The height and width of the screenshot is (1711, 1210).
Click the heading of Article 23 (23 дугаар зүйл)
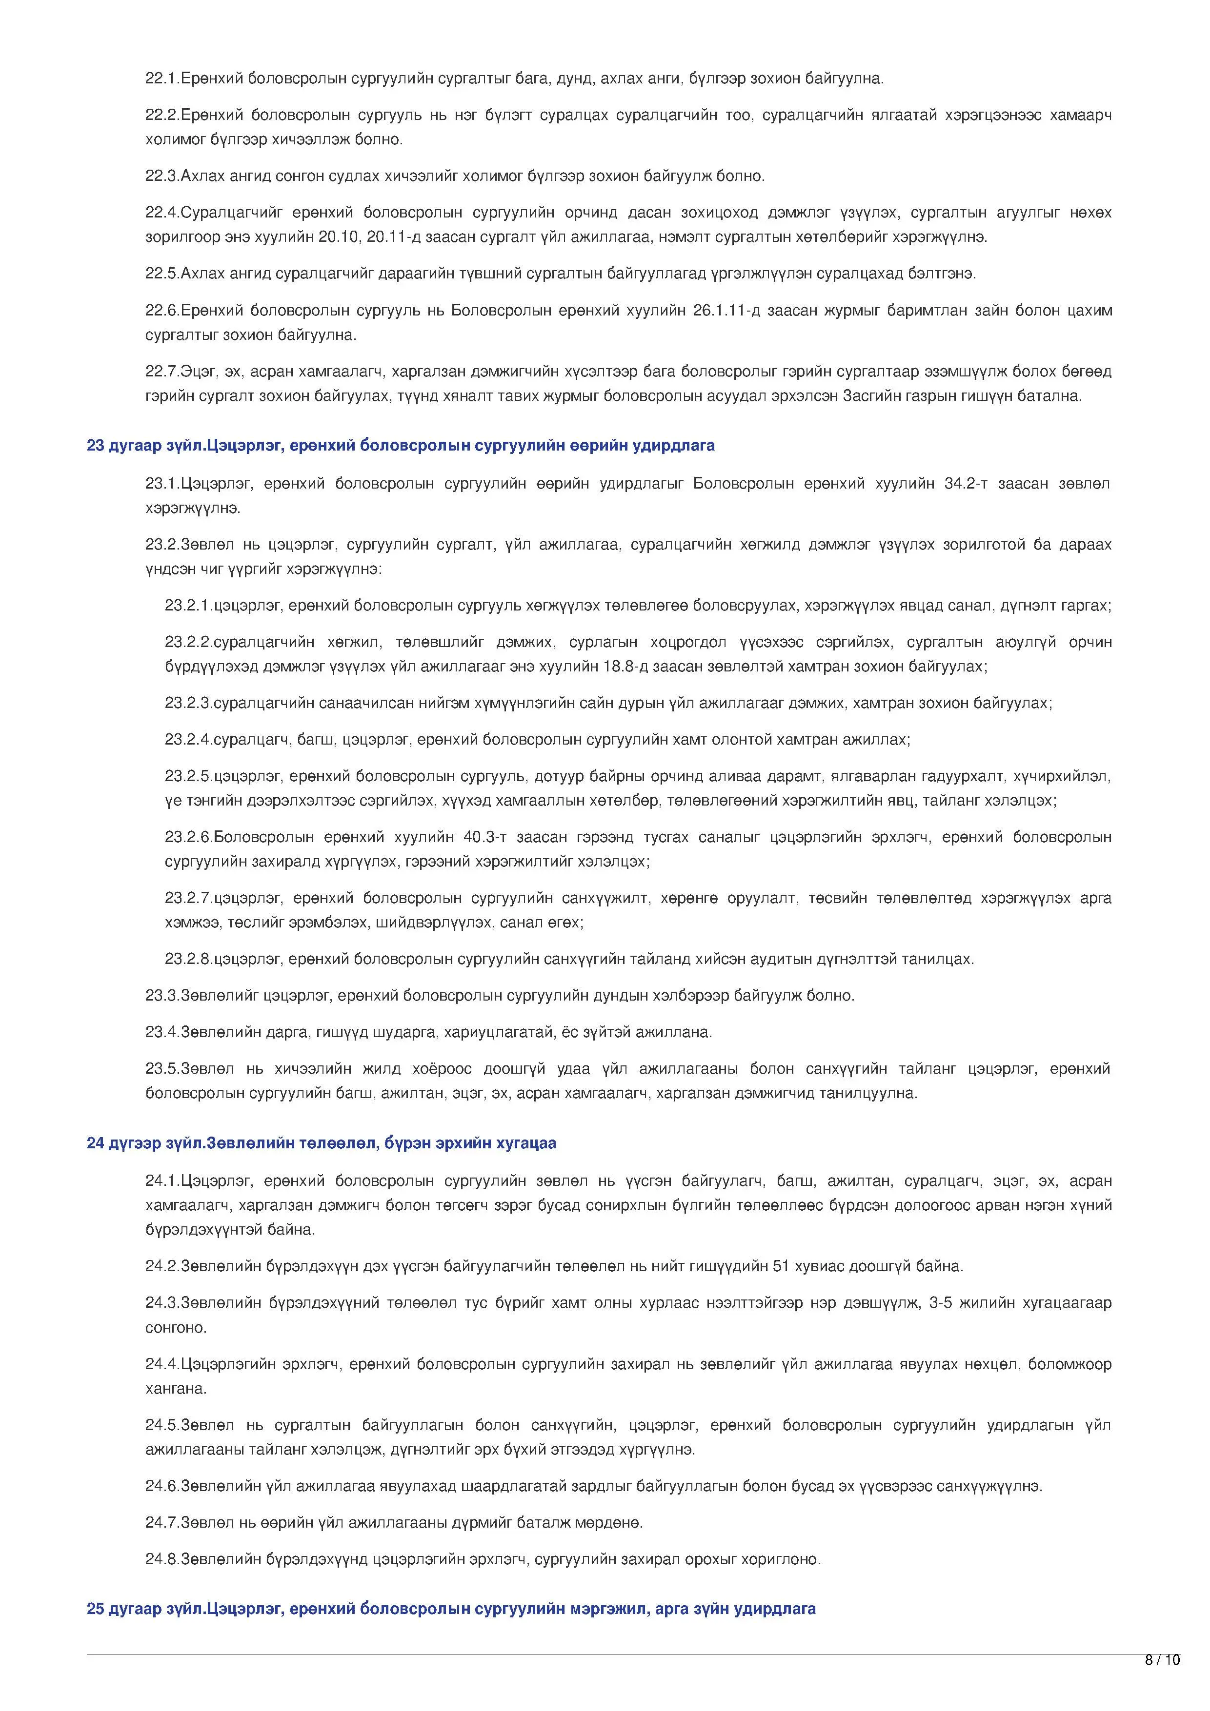coord(401,446)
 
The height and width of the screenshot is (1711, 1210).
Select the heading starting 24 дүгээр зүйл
coord(322,1143)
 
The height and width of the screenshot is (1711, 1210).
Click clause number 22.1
coord(162,78)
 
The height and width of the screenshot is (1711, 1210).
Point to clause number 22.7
coord(162,371)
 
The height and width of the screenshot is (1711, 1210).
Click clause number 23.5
coord(162,1069)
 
